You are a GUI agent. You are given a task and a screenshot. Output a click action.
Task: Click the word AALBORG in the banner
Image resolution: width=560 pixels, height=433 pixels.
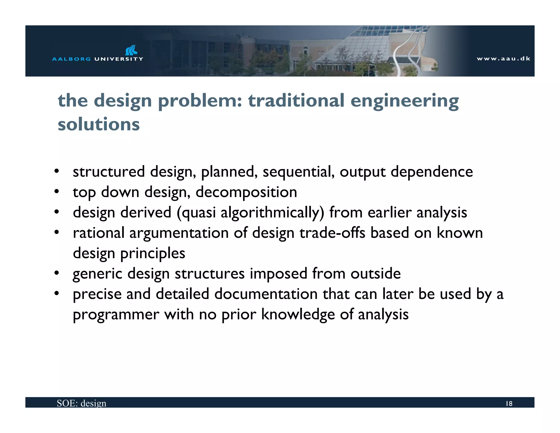click(71, 59)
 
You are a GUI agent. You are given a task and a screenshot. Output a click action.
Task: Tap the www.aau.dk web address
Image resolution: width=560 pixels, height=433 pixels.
click(503, 59)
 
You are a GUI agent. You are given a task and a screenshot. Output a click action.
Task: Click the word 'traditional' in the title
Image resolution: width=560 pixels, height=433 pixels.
click(296, 100)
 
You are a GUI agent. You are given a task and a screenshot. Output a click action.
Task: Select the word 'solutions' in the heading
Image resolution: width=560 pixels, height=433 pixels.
click(99, 124)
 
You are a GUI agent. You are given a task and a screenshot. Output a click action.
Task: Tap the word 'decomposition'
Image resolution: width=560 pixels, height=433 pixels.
click(246, 192)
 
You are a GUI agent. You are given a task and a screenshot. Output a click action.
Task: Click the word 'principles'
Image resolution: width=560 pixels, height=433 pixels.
click(153, 253)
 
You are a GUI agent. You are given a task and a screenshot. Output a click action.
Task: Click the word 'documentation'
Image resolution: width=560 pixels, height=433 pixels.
click(266, 294)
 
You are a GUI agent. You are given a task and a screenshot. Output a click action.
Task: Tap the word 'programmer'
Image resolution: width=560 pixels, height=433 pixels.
click(116, 314)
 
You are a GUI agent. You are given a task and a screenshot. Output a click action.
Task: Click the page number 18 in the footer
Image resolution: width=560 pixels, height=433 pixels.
click(509, 404)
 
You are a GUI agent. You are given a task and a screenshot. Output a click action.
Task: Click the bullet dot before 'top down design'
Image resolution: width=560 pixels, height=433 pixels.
click(57, 192)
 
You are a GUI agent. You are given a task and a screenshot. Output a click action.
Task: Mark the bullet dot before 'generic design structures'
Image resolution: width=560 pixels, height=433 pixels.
click(57, 273)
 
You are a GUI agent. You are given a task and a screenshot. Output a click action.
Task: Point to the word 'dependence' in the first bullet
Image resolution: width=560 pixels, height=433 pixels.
click(431, 172)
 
